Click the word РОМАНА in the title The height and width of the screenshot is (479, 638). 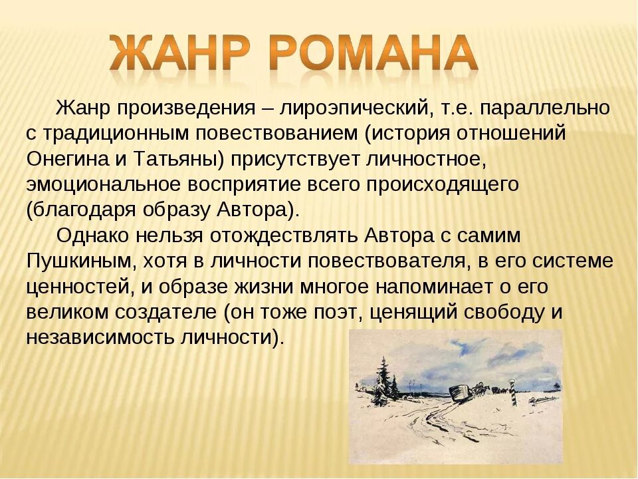coord(375,53)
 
